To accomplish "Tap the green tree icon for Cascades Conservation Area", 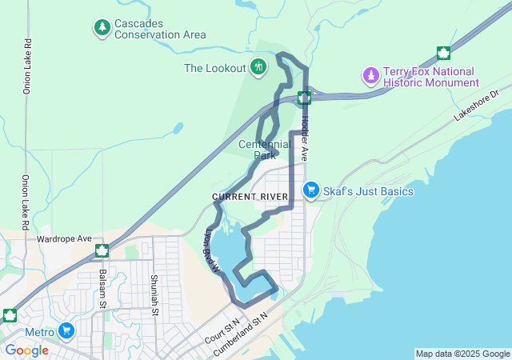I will (102, 29).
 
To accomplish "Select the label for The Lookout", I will (214, 68).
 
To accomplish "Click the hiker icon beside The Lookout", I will (258, 67).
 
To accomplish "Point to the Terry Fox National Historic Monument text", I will (431, 77).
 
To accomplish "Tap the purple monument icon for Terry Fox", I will (370, 76).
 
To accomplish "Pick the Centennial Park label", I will (265, 150).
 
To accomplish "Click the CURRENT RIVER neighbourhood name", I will (250, 197).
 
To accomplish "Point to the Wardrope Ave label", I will (65, 238).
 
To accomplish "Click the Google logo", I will (26, 350).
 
